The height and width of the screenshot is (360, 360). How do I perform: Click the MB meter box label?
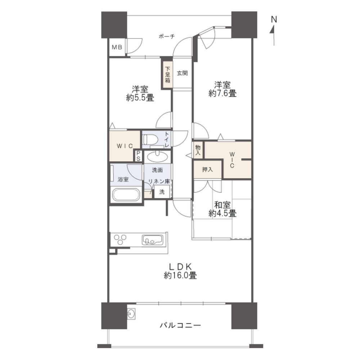click(x=117, y=48)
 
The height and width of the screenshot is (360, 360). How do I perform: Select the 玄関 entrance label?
click(x=182, y=73)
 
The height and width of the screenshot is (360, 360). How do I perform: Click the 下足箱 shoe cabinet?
click(x=168, y=75)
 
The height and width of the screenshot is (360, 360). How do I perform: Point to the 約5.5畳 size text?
click(x=140, y=98)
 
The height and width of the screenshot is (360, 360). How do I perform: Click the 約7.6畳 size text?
click(x=222, y=94)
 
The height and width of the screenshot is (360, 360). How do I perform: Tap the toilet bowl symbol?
click(x=150, y=139)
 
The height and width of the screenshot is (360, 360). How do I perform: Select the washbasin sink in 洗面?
click(x=158, y=157)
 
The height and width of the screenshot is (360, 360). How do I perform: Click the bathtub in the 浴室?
click(x=126, y=194)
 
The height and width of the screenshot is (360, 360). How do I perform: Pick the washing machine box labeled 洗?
click(x=162, y=192)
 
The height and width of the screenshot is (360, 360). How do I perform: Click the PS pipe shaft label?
click(x=139, y=156)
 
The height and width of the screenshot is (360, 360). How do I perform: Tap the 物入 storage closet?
click(x=198, y=150)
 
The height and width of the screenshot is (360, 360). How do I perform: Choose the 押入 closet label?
click(x=207, y=170)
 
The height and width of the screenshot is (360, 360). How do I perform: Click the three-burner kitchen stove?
click(x=120, y=239)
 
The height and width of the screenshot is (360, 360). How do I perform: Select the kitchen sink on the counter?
click(x=152, y=240)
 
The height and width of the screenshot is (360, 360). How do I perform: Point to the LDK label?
click(x=180, y=267)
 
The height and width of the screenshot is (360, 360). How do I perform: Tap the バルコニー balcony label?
click(x=180, y=325)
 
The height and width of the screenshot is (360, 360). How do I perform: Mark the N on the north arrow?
click(x=274, y=19)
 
